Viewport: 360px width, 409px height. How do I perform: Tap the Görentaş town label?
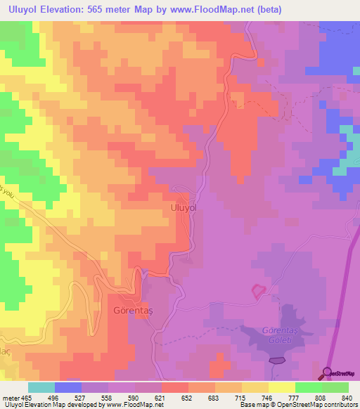click(x=133, y=309)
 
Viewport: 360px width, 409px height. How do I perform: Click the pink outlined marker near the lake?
click(x=259, y=290)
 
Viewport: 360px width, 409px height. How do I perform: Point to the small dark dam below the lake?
click(x=277, y=361)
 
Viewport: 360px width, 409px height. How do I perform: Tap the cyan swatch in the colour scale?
click(x=41, y=387)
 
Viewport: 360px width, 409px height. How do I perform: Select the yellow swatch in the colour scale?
click(x=282, y=387)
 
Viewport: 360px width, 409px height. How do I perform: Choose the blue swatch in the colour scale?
click(x=68, y=387)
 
